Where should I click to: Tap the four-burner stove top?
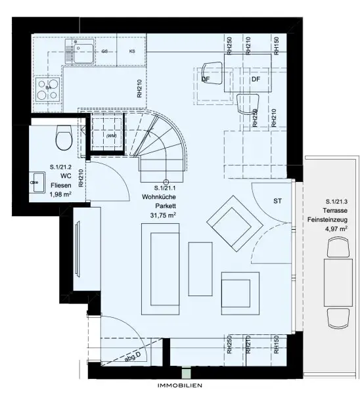coord(48,90)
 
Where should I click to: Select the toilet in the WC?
coord(64,137)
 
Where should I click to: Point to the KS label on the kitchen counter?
coord(132,51)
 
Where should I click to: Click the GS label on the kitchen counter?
coord(104,51)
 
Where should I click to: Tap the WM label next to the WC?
coord(111,136)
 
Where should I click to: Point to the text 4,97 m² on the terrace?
coord(336,229)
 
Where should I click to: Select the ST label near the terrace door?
coord(277,200)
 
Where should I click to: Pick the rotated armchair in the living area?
coord(233,221)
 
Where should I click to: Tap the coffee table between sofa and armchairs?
coord(200,268)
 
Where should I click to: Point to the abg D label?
coord(134,359)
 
